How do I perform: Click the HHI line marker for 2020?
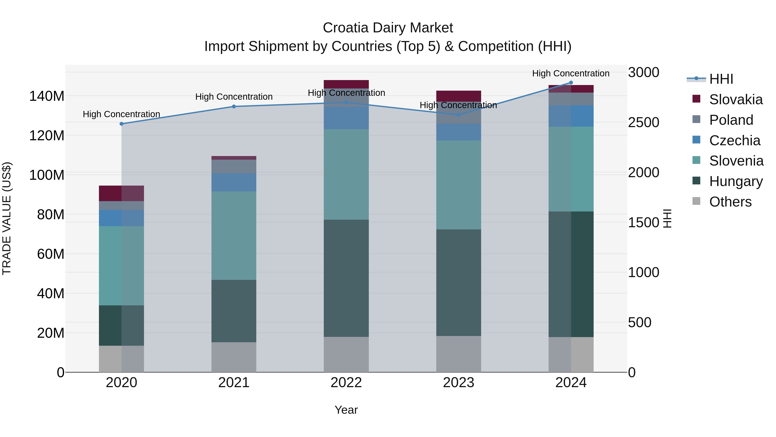(x=121, y=124)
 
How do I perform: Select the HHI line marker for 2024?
(x=571, y=83)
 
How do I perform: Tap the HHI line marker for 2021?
(x=234, y=106)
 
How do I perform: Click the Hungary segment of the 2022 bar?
(x=346, y=278)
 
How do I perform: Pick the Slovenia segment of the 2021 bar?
(x=234, y=235)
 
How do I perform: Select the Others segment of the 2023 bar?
(x=458, y=354)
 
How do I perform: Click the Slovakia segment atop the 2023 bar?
(x=458, y=96)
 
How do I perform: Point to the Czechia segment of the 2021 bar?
(x=234, y=182)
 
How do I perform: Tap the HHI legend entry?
(x=721, y=79)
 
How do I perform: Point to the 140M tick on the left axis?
(x=47, y=96)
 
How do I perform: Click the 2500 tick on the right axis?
(x=643, y=122)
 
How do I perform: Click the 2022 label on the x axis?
(x=346, y=383)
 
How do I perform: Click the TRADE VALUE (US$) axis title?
(x=7, y=218)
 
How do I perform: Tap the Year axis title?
(x=346, y=410)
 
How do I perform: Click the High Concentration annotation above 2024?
(x=571, y=73)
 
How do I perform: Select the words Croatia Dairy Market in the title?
(x=388, y=28)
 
